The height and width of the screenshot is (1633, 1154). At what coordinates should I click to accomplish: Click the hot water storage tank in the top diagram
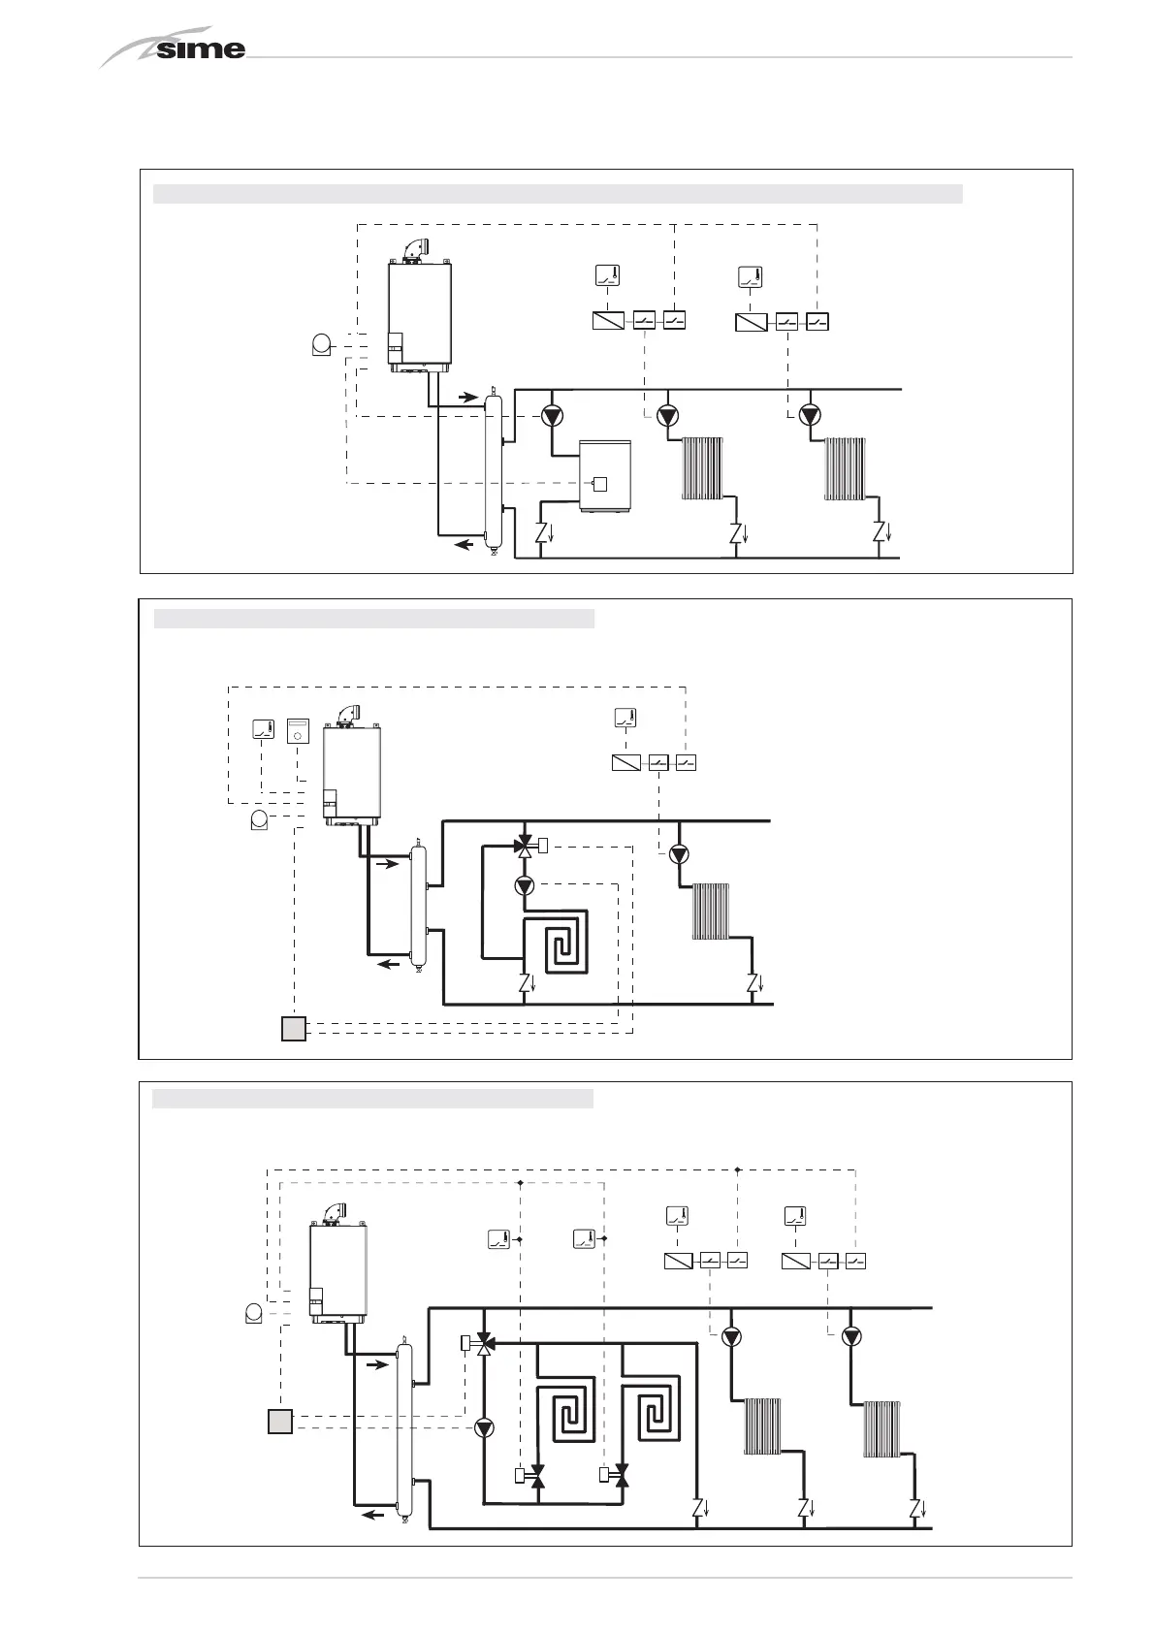pos(605,475)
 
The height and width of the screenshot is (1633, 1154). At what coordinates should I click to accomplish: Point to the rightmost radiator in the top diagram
pos(844,468)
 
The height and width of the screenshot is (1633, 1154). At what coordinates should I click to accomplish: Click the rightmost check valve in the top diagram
pos(879,532)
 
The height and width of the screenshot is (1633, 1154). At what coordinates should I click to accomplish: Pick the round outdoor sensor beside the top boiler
pos(321,345)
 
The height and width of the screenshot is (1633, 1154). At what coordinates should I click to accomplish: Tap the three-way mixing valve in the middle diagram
pos(525,846)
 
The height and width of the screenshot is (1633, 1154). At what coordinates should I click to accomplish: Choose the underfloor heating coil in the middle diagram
pos(557,942)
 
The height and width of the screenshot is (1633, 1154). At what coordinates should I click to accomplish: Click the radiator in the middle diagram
pos(710,911)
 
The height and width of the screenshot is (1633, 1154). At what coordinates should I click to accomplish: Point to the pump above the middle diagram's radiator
pos(678,854)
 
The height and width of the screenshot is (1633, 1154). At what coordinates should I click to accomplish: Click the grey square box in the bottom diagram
pos(279,1422)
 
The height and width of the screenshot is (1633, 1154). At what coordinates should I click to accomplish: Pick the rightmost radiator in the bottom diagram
pos(882,1428)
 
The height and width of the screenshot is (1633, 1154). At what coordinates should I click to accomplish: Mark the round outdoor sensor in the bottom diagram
pos(253,1314)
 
